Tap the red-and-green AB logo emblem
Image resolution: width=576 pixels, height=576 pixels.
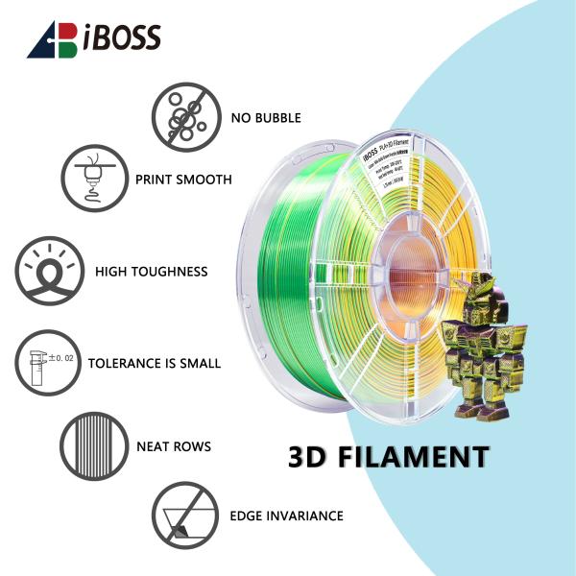53,38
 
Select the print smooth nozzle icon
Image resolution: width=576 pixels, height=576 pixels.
94,179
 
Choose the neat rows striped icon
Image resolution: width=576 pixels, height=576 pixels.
94,445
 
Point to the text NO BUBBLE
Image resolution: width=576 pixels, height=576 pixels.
266,118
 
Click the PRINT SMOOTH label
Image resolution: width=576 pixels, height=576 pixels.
183,180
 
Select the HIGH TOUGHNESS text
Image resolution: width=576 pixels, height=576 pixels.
151,272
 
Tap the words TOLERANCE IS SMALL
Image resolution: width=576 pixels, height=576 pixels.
155,364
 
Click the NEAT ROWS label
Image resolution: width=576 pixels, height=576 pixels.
174,446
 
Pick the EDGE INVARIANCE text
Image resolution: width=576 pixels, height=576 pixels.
286,516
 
